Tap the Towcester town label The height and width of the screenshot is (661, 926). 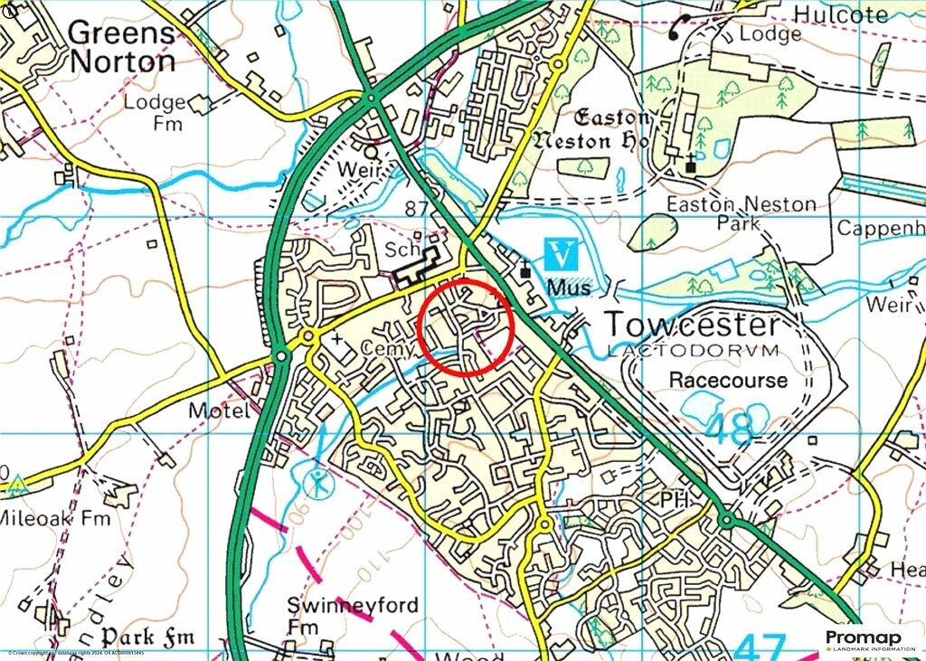click(691, 325)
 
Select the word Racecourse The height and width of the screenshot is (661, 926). click(728, 380)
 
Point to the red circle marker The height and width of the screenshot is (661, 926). click(468, 327)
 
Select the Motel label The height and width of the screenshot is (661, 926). click(218, 411)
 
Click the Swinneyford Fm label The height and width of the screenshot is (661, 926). click(353, 615)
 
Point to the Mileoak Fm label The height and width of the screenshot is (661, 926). click(54, 518)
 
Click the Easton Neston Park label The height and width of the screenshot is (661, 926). click(742, 213)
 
